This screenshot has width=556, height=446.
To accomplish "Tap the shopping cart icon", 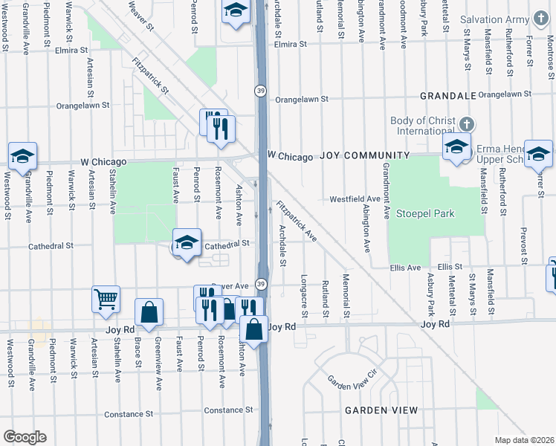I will (106, 299).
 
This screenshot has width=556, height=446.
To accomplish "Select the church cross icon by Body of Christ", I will (466, 123).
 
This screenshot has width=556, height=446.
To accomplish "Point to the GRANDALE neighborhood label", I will (447, 96).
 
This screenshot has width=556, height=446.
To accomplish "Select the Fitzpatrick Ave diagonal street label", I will (296, 222).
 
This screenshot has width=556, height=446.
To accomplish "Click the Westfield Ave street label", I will (355, 199).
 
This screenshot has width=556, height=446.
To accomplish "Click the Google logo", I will (24, 436).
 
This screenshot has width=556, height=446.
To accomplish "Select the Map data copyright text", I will (525, 440).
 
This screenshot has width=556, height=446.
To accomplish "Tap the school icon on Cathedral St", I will (187, 242).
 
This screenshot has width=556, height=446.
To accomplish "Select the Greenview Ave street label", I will (158, 363).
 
